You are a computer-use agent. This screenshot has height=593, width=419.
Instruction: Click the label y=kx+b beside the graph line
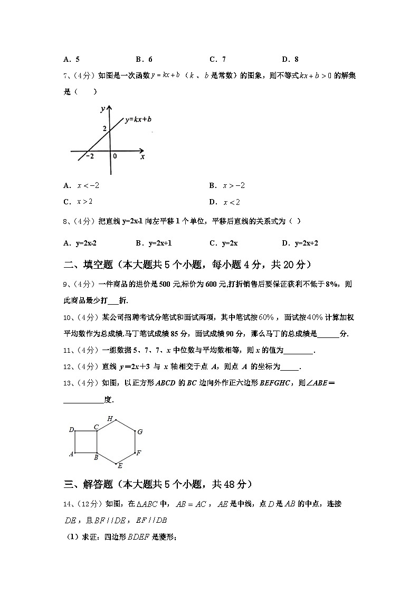[138, 120]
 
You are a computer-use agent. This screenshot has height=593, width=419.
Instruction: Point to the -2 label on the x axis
[90, 157]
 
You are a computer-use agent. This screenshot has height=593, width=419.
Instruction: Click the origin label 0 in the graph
[115, 157]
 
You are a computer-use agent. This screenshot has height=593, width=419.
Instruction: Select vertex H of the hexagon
[110, 419]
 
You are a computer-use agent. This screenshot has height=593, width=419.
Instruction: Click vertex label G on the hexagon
[140, 432]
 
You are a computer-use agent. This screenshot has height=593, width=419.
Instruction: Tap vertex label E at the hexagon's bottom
[120, 465]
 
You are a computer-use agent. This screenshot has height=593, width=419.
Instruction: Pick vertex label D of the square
[71, 430]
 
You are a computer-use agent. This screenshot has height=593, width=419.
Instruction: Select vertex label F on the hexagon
[138, 453]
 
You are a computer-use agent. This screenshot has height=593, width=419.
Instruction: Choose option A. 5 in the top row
[71, 60]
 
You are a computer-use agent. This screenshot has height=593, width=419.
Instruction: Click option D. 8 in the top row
[290, 60]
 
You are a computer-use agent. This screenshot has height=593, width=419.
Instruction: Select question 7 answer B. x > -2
[227, 185]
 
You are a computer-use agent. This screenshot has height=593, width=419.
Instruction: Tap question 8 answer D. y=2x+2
[300, 243]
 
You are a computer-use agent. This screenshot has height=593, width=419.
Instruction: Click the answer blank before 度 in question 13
[83, 400]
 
